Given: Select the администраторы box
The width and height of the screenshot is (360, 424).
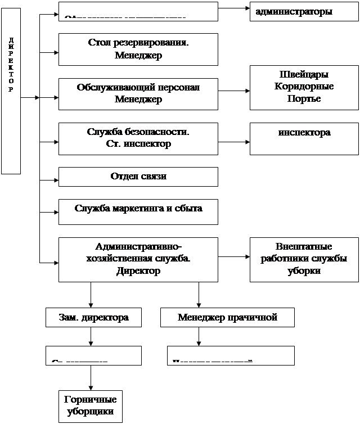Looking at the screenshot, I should click(x=304, y=11).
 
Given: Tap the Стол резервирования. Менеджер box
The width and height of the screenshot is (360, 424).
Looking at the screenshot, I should click(x=138, y=49).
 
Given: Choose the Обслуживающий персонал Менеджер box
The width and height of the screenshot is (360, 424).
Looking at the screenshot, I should click(x=138, y=93).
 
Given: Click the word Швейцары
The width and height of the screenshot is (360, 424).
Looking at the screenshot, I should click(x=304, y=75).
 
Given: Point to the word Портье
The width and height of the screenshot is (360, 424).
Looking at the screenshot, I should click(x=304, y=98).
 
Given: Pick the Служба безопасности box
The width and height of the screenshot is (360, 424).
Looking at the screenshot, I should click(x=138, y=138).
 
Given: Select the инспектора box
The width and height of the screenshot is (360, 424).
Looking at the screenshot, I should click(x=304, y=138).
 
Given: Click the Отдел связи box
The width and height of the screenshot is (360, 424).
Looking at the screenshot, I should click(x=138, y=177).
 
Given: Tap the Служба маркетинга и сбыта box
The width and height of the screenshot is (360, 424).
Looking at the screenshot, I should click(x=138, y=211).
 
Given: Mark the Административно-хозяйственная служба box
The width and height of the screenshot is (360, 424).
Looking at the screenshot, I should click(x=138, y=259).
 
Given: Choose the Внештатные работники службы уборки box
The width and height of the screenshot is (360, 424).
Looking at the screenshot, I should click(x=304, y=259).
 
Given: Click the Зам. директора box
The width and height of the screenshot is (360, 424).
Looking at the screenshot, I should click(x=93, y=318).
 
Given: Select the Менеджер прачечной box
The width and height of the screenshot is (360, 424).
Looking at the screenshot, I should click(x=227, y=318).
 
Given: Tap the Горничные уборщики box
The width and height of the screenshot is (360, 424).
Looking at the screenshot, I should click(x=90, y=405).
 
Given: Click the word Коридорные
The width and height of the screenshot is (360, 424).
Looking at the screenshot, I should click(x=304, y=87).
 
